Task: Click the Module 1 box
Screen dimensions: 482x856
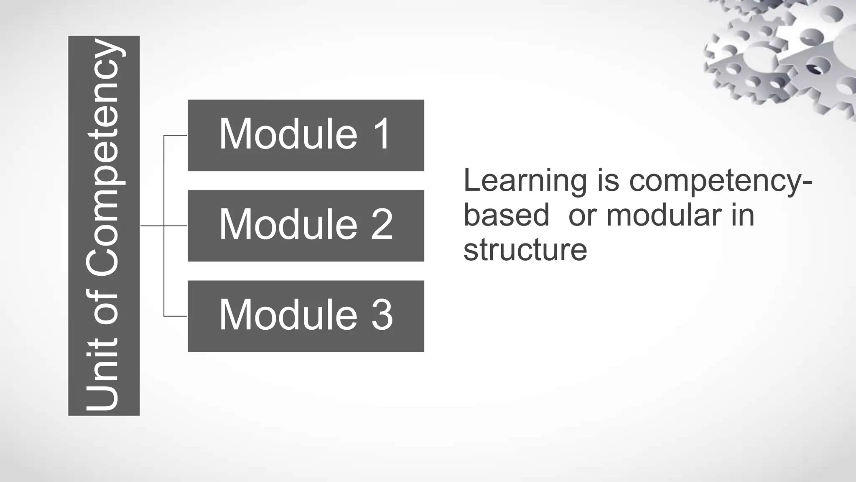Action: [306, 135]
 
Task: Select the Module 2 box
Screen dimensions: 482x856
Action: [306, 226]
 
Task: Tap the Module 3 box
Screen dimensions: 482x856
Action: [306, 316]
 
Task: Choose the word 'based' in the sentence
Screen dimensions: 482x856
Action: [506, 215]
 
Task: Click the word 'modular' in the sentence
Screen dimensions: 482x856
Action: [664, 215]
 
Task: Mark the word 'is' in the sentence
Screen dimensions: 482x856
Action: [608, 181]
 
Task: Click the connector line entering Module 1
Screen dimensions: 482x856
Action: [176, 136]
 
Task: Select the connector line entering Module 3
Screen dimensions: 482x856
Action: [176, 316]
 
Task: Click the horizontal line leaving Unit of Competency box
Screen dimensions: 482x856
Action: [152, 226]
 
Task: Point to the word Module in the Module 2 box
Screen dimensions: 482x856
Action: [288, 225]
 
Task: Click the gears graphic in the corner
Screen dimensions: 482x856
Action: [782, 54]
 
